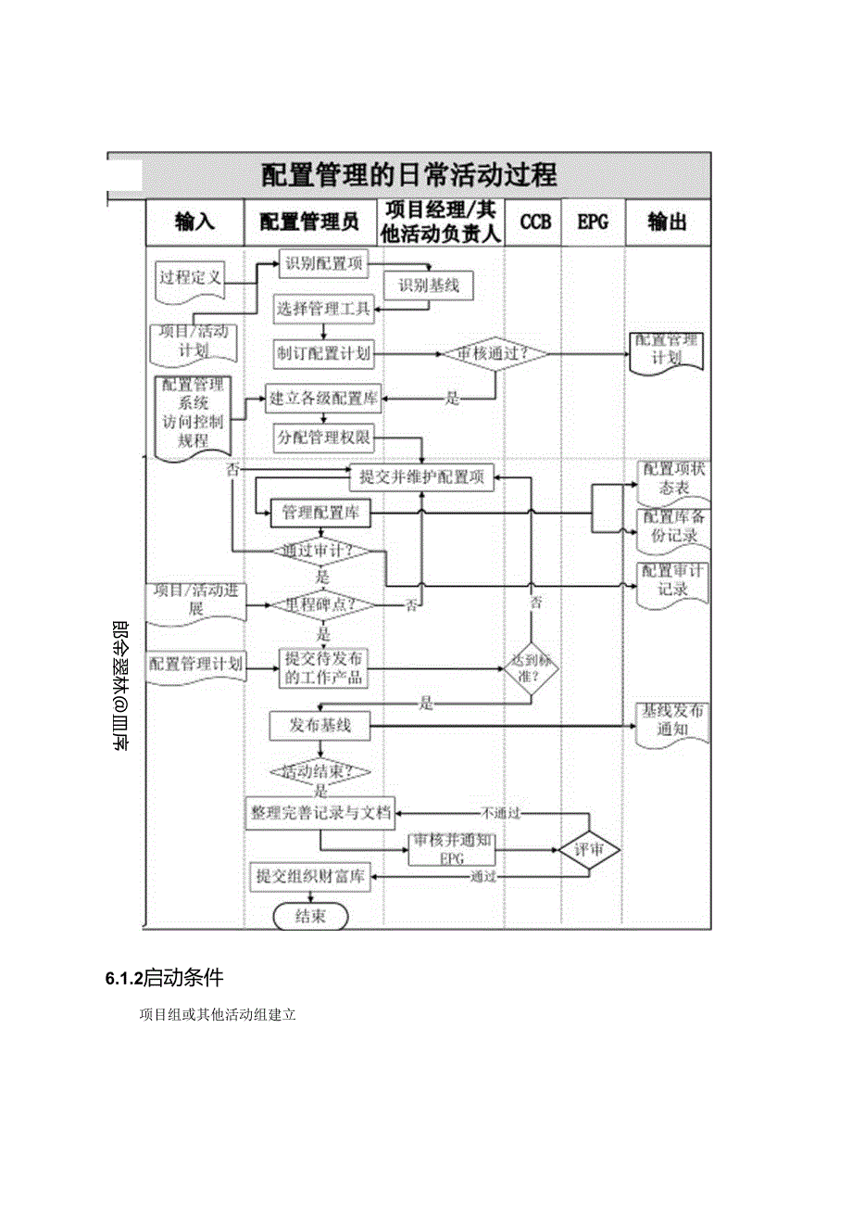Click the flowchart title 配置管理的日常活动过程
pos(408,174)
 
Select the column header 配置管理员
pos(308,222)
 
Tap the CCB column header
pos(534,222)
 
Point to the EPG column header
pos(592,222)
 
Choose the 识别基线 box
pos(429,286)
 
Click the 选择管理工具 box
pos(322,309)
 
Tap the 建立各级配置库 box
pos(323,400)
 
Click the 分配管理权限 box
pos(320,437)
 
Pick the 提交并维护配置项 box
pos(421,478)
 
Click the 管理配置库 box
pos(320,513)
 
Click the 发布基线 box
pos(319,726)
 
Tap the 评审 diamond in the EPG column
pos(590,850)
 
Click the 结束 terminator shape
pos(309,917)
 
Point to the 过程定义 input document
pos(189,278)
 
